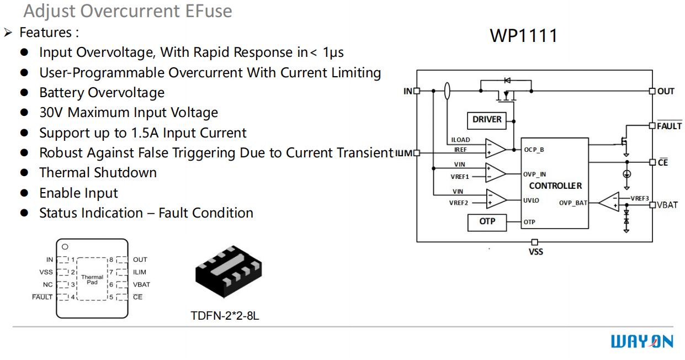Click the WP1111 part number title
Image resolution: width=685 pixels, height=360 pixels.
523,36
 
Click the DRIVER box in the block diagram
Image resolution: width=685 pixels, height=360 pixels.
487,120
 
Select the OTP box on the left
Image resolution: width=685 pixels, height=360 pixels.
487,222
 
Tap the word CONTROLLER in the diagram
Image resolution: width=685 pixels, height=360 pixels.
555,186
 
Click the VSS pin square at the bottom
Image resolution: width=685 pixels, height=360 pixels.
534,242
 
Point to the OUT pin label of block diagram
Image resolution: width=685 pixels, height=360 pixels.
666,91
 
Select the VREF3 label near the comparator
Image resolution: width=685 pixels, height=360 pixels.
639,198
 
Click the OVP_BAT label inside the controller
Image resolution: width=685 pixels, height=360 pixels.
573,203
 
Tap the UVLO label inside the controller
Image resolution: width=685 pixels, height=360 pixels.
531,200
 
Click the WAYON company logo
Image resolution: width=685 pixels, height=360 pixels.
642,342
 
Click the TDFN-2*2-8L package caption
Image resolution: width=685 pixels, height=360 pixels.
225,316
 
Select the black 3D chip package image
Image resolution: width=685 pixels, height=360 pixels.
228,272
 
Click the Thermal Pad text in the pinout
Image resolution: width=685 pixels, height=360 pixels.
92,280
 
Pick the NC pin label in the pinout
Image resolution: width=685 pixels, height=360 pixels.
48,285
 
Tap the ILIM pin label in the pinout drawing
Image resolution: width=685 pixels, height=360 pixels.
140,272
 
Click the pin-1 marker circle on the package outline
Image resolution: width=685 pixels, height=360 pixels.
65,247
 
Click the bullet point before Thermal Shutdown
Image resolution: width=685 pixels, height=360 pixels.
24,173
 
